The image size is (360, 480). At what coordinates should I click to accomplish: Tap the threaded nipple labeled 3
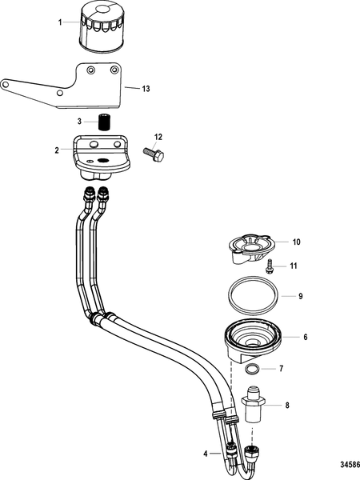(x=102, y=123)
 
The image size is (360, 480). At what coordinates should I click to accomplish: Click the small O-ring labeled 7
(x=251, y=369)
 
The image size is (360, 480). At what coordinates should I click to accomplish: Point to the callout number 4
(x=206, y=454)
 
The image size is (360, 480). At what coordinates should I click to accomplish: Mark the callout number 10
(x=296, y=241)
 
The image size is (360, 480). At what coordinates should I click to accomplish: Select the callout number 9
(x=301, y=296)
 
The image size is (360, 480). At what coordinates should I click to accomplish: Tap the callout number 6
(x=305, y=338)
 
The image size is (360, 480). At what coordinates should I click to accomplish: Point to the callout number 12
(x=158, y=137)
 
